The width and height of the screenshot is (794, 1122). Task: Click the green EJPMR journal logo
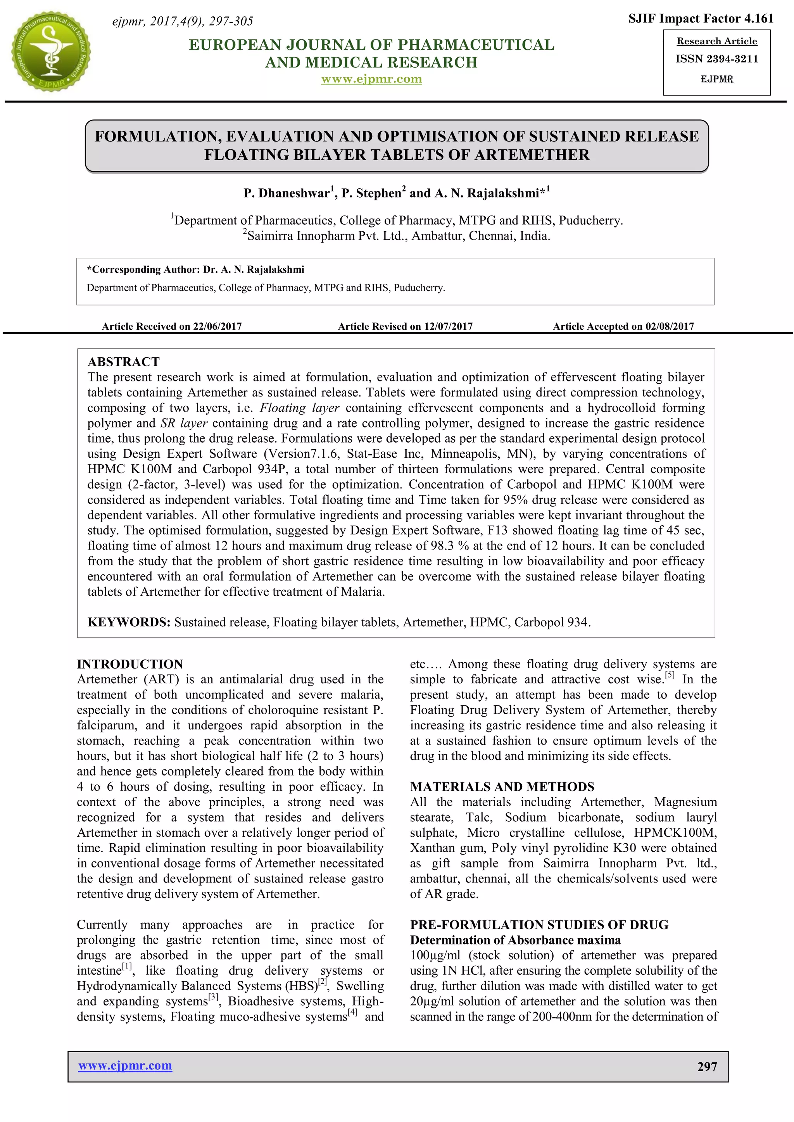51,51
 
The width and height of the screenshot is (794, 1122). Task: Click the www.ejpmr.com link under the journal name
371,79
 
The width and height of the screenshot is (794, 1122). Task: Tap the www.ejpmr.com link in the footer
125,1065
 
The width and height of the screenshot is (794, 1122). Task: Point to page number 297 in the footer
707,1067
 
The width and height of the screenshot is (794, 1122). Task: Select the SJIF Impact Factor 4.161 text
701,19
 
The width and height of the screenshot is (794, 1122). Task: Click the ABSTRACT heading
123,362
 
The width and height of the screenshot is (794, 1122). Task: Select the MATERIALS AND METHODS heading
502,787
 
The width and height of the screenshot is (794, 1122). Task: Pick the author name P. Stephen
371,193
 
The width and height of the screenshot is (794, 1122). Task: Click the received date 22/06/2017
217,326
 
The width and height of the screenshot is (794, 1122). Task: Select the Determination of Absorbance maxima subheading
515,940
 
